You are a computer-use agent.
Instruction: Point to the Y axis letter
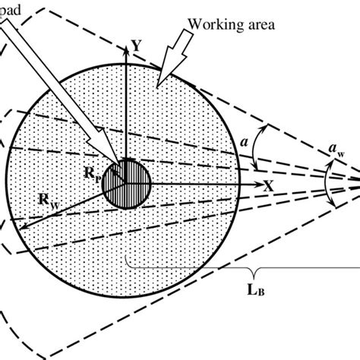[136, 46]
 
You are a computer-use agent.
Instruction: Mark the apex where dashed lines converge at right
[358, 182]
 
